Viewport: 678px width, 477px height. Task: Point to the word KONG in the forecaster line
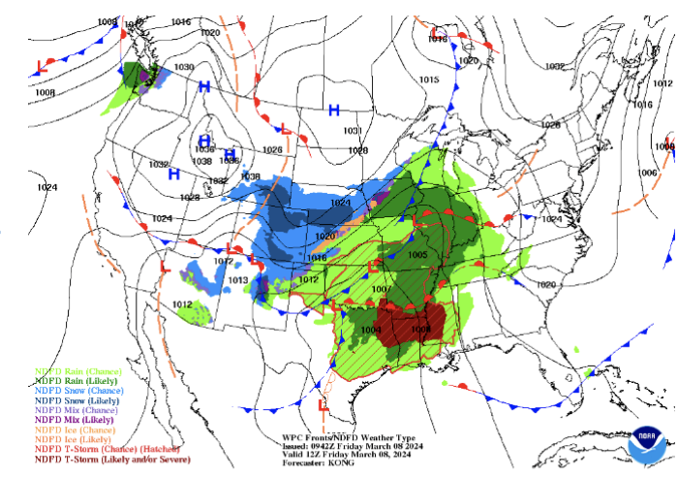pyautogui.click(x=345, y=463)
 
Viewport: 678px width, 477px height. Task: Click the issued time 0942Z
pyautogui.click(x=326, y=446)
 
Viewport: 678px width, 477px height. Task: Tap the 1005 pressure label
pyautogui.click(x=417, y=255)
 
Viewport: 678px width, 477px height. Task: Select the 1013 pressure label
pyautogui.click(x=238, y=280)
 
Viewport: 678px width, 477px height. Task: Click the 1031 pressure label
pyautogui.click(x=352, y=130)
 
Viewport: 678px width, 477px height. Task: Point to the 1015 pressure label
pyautogui.click(x=429, y=79)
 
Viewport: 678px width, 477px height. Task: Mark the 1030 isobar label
pyautogui.click(x=184, y=67)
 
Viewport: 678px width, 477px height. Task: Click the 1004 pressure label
pyautogui.click(x=371, y=331)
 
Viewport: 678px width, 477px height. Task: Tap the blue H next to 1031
pyautogui.click(x=334, y=110)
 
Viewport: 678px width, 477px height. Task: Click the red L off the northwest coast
pyautogui.click(x=41, y=66)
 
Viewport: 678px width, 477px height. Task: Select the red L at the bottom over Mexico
pyautogui.click(x=323, y=403)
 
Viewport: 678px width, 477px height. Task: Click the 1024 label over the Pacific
pyautogui.click(x=46, y=186)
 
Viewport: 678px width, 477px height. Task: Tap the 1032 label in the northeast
pyautogui.click(x=555, y=67)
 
